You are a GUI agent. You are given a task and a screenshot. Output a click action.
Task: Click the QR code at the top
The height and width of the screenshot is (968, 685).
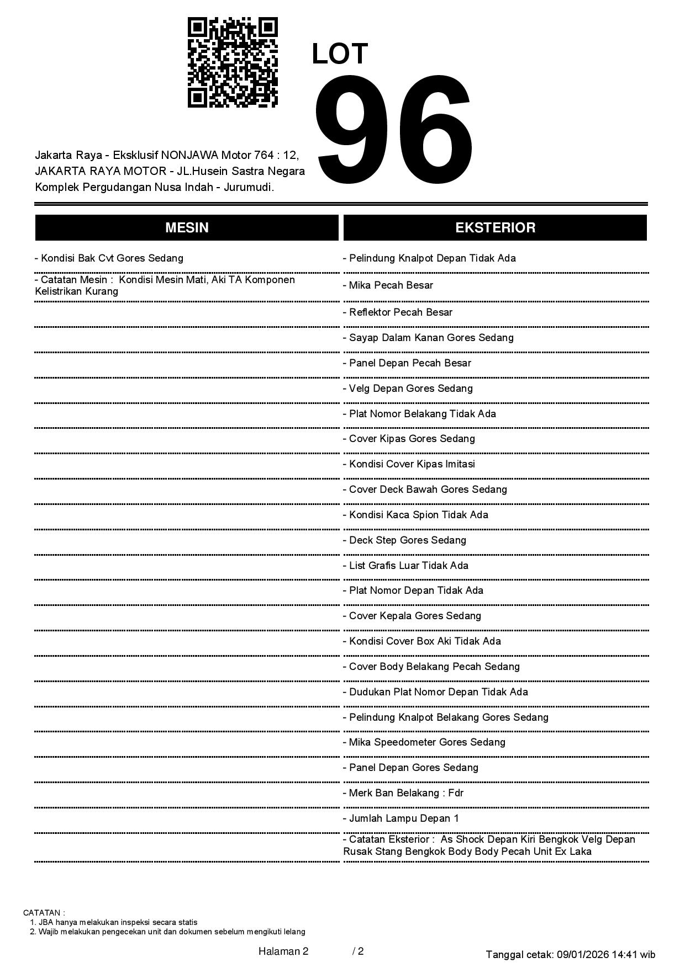point(233,62)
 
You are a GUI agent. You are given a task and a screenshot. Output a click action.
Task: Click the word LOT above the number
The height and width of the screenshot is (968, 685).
point(340,54)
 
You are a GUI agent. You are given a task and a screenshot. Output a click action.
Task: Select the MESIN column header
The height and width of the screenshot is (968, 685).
point(187,227)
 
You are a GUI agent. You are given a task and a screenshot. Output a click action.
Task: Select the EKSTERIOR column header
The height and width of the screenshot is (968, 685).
point(495,227)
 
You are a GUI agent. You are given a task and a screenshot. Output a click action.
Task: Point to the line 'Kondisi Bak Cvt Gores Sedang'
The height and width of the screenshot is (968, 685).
point(109,258)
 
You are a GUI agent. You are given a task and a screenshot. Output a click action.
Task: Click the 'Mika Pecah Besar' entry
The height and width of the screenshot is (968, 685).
point(388,285)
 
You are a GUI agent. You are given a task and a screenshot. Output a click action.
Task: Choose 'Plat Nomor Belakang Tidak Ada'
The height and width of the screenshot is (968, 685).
point(419,414)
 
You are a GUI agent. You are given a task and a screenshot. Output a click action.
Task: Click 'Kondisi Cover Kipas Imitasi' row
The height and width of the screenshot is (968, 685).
point(409,464)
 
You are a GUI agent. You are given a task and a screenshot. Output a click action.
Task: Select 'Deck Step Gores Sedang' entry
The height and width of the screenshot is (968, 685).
point(404,540)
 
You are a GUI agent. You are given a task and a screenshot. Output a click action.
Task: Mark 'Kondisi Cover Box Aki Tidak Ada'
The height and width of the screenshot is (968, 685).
point(422,641)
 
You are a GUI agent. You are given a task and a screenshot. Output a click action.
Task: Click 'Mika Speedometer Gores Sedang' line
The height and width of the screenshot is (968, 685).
point(424,742)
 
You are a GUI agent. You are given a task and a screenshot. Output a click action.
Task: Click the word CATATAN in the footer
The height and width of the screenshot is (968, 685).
point(44,913)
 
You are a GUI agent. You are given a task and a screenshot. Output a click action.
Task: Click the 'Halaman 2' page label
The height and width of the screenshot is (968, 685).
point(283,951)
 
